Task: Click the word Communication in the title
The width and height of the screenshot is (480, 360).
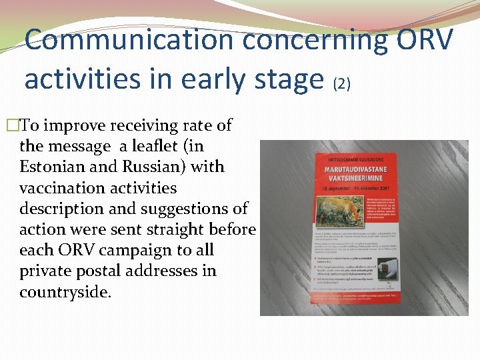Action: (x=130, y=40)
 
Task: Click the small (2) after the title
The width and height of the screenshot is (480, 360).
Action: (x=341, y=83)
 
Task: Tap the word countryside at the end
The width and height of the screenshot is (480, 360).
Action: (x=63, y=292)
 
